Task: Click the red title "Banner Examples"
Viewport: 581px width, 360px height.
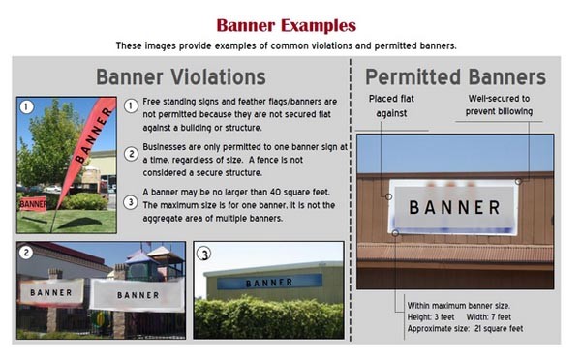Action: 285,24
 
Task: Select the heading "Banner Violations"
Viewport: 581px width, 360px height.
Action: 181,76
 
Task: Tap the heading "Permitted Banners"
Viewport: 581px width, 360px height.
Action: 455,77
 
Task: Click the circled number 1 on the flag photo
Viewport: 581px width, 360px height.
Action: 27,107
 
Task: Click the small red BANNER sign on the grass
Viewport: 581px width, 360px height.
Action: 33,204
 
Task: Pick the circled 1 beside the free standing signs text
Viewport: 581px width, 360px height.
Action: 132,105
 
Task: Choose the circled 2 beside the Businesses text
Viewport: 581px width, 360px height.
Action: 132,153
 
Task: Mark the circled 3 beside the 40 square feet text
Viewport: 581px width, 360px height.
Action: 132,200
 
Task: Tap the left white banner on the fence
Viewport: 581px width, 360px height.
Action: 50,291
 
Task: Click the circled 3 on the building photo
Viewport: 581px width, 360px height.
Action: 205,254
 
